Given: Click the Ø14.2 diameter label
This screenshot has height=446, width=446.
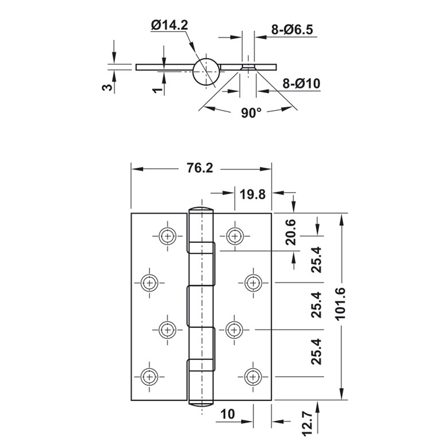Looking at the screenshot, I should coord(169,26).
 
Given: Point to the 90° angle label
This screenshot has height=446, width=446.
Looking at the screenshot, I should coord(252,113).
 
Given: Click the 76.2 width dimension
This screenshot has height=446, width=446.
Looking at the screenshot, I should coord(200,169).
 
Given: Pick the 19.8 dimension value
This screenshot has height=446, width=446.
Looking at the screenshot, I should coord(253,193).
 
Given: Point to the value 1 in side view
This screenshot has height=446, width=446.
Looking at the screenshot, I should coord(158,89).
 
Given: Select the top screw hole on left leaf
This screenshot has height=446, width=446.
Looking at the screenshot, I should coord(167,236).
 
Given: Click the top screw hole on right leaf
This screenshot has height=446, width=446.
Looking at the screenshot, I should coord(235,236).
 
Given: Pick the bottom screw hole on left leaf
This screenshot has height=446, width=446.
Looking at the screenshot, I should coord(149,375).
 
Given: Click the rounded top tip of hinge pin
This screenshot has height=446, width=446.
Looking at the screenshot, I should coord(201,209).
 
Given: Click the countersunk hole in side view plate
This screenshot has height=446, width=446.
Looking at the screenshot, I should coord(249,67).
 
